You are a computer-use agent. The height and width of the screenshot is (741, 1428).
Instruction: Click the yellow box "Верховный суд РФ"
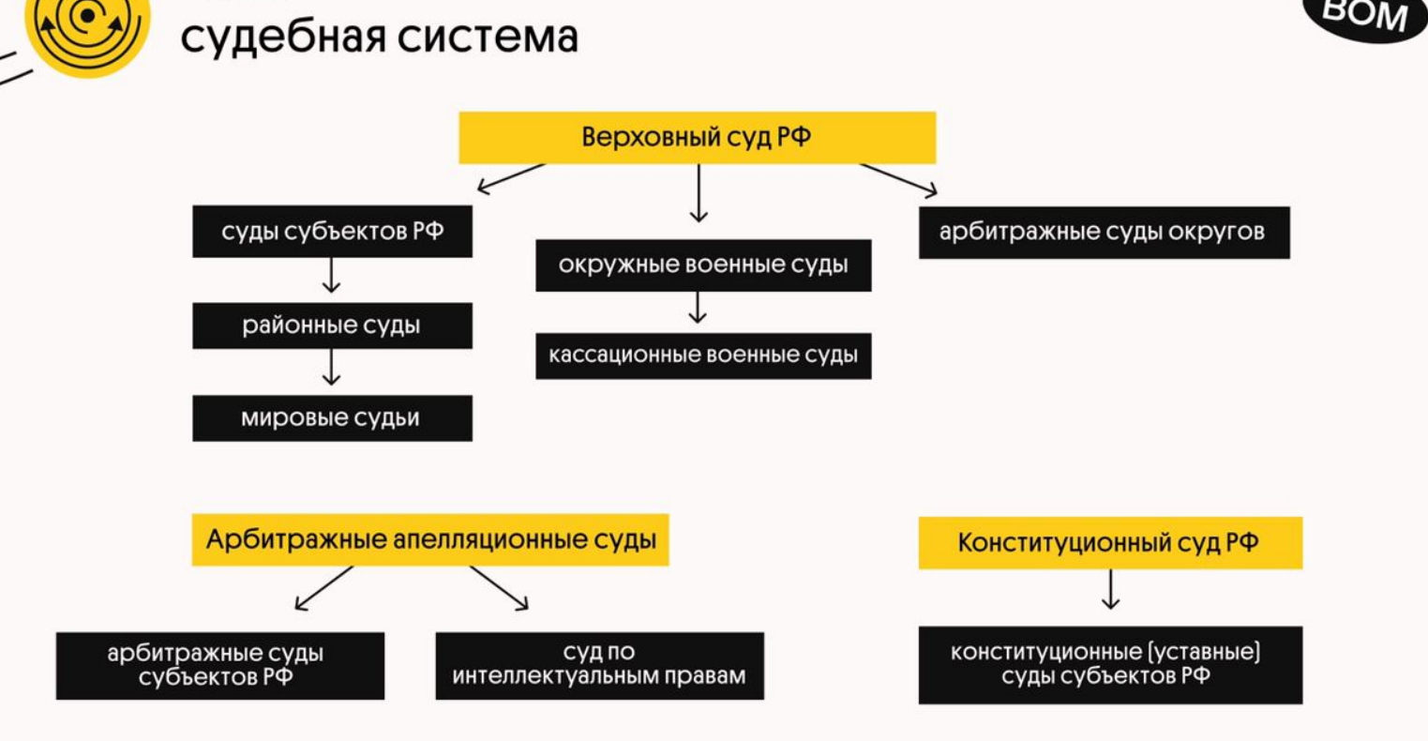coord(697,138)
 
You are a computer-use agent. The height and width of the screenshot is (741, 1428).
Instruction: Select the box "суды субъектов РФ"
coord(332,232)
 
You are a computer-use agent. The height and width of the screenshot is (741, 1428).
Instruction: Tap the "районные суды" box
coord(332,325)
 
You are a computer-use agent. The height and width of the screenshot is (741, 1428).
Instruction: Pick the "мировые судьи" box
coord(332,418)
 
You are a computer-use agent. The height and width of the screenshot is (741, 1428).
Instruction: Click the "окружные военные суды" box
coord(703,265)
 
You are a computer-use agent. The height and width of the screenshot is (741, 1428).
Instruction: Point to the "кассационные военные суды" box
coord(703,355)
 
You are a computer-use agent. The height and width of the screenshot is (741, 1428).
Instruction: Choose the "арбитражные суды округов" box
coord(1104,233)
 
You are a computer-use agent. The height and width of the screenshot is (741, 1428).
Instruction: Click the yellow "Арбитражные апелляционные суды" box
coord(430,539)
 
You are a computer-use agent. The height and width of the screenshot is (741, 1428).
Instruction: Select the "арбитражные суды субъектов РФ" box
coord(219,665)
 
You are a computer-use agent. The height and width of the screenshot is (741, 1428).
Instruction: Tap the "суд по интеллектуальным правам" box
coord(599,665)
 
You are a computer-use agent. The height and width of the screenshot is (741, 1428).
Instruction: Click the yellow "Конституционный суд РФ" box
coord(1110,542)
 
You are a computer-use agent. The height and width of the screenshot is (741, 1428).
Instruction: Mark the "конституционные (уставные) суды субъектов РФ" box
coord(1110,664)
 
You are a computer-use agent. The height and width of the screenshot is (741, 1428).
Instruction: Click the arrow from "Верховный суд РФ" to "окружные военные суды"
coord(698,193)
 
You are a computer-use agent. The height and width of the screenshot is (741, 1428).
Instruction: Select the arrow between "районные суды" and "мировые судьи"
coord(331,367)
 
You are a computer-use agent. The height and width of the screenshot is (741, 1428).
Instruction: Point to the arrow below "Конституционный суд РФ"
coord(1110,589)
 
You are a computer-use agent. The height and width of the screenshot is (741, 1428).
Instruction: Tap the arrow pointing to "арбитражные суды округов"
coord(897,180)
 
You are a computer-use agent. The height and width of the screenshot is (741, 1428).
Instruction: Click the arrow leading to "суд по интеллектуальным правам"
coord(499,588)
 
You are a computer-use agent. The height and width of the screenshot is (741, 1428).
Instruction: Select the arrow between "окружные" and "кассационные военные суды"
coord(697,308)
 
